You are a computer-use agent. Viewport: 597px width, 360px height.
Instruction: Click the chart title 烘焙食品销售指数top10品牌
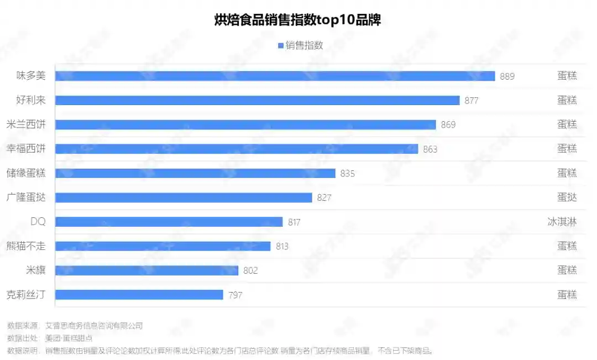tap(297, 20)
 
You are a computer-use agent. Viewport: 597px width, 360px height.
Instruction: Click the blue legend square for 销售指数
tap(281, 46)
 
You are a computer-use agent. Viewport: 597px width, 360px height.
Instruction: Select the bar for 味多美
tap(275, 76)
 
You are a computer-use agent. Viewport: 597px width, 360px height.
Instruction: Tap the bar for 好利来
tap(257, 100)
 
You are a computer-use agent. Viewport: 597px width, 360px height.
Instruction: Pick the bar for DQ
tap(169, 222)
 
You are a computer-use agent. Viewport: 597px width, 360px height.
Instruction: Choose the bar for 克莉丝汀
tap(139, 295)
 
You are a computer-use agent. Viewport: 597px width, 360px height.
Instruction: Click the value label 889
tap(507, 76)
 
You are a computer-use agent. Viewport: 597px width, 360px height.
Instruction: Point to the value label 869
tap(448, 125)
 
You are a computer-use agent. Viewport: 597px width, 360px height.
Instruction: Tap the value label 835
tap(347, 174)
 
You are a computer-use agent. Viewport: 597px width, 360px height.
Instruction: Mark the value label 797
tap(235, 295)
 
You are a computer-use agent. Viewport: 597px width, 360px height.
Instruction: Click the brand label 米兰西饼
tap(26, 124)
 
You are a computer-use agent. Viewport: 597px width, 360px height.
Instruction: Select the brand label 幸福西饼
tap(26, 149)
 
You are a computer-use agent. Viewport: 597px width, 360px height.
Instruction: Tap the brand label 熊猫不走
tap(26, 246)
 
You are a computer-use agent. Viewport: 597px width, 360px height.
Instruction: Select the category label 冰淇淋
tap(562, 222)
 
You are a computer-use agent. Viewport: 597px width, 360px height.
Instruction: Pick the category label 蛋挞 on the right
tap(567, 197)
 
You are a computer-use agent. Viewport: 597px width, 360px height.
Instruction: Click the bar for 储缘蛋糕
tap(195, 173)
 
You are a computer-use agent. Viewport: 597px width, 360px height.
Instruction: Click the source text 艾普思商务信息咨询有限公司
tap(94, 326)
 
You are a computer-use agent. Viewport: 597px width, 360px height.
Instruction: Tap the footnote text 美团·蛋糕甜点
tap(69, 338)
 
